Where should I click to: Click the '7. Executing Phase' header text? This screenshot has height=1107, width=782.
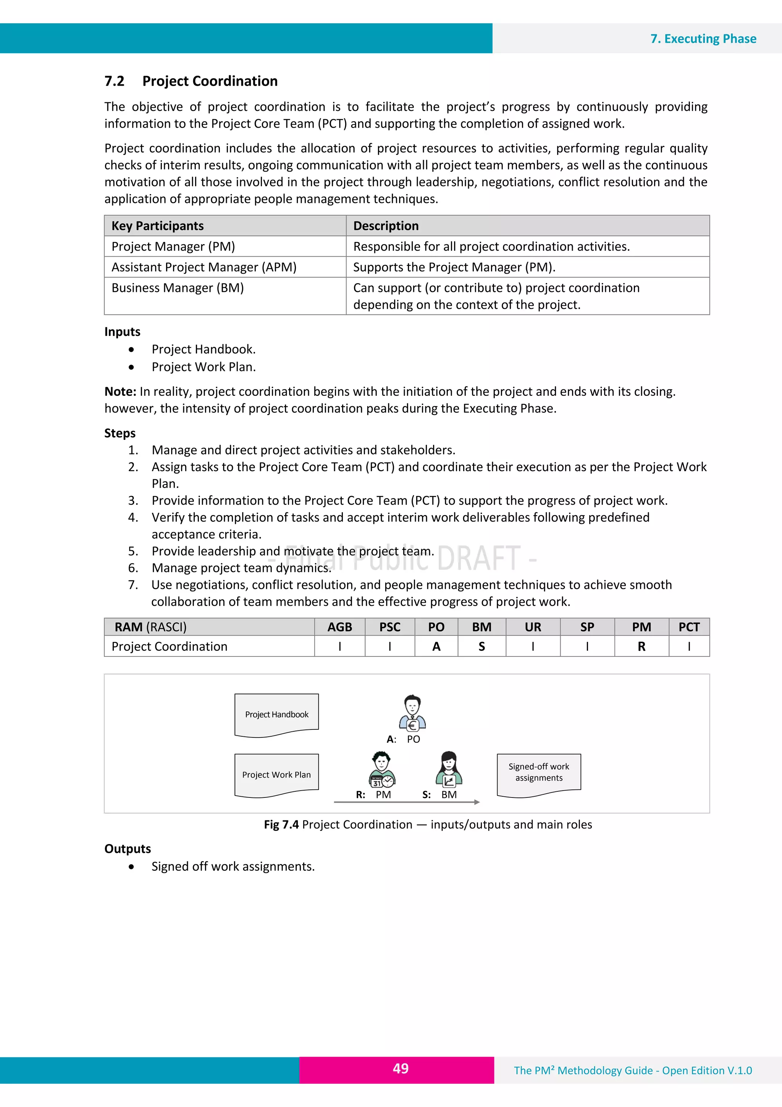pyautogui.click(x=703, y=39)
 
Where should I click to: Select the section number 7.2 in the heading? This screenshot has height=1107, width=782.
pyautogui.click(x=115, y=81)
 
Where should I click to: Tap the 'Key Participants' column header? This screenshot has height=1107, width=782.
pyautogui.click(x=158, y=226)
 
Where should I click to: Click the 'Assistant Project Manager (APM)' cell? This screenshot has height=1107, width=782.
pyautogui.click(x=204, y=267)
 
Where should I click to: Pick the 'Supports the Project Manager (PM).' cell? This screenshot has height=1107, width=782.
pyautogui.click(x=454, y=267)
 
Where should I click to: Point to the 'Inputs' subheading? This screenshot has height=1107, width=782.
pyautogui.click(x=123, y=332)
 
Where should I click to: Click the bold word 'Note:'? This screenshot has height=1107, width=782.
pyautogui.click(x=120, y=392)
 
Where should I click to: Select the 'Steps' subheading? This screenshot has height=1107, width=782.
pyautogui.click(x=120, y=433)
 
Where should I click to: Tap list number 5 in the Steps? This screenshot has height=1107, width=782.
pyautogui.click(x=133, y=551)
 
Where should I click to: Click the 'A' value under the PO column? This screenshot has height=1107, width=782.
pyautogui.click(x=436, y=647)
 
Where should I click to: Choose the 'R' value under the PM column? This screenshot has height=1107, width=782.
pyautogui.click(x=641, y=647)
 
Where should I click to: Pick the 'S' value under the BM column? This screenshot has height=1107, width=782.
pyautogui.click(x=481, y=647)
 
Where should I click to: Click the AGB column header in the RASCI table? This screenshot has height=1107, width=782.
pyautogui.click(x=340, y=627)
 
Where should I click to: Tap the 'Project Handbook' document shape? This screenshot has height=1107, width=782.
pyautogui.click(x=276, y=715)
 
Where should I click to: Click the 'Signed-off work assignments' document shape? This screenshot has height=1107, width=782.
pyautogui.click(x=539, y=772)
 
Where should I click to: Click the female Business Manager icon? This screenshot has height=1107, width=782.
pyautogui.click(x=449, y=770)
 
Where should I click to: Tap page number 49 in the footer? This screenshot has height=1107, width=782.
pyautogui.click(x=401, y=1068)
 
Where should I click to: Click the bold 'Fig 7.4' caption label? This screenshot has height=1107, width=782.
pyautogui.click(x=282, y=825)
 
